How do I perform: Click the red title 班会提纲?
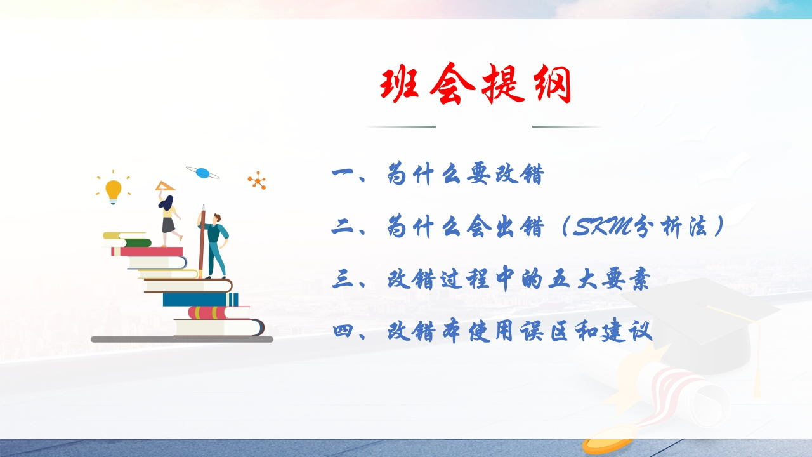(476, 84)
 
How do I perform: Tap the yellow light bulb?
(114, 191)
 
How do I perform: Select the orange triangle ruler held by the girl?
(166, 186)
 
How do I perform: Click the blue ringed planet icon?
(202, 173)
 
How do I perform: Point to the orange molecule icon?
(257, 180)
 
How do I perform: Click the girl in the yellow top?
(169, 220)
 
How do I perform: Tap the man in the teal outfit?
(216, 246)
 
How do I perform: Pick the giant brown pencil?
(202, 241)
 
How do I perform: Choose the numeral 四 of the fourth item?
(343, 331)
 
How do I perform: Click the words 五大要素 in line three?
(598, 279)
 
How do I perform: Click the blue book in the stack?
(200, 299)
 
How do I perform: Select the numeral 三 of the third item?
(343, 280)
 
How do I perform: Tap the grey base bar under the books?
(182, 340)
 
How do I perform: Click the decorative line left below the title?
(400, 126)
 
